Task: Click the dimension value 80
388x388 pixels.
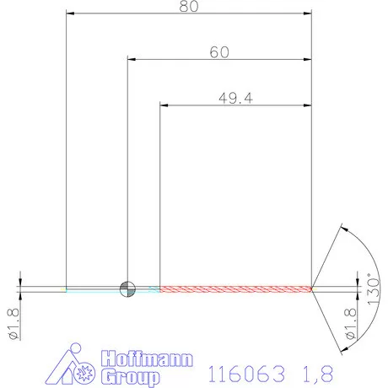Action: pos(189,8)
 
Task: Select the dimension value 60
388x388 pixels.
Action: pos(219,51)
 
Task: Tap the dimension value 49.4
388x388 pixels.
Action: pos(236,97)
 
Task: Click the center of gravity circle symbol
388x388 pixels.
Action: pos(127,288)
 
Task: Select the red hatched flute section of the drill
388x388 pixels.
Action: pos(236,288)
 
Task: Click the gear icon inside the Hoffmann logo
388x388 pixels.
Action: pos(84,372)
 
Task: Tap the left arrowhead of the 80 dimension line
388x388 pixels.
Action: pos(71,14)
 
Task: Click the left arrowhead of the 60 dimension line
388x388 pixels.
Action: pos(132,59)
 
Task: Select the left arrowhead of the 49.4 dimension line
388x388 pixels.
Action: pos(165,105)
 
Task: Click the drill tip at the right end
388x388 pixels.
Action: pos(312,288)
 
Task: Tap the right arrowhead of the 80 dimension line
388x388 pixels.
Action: pos(307,14)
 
